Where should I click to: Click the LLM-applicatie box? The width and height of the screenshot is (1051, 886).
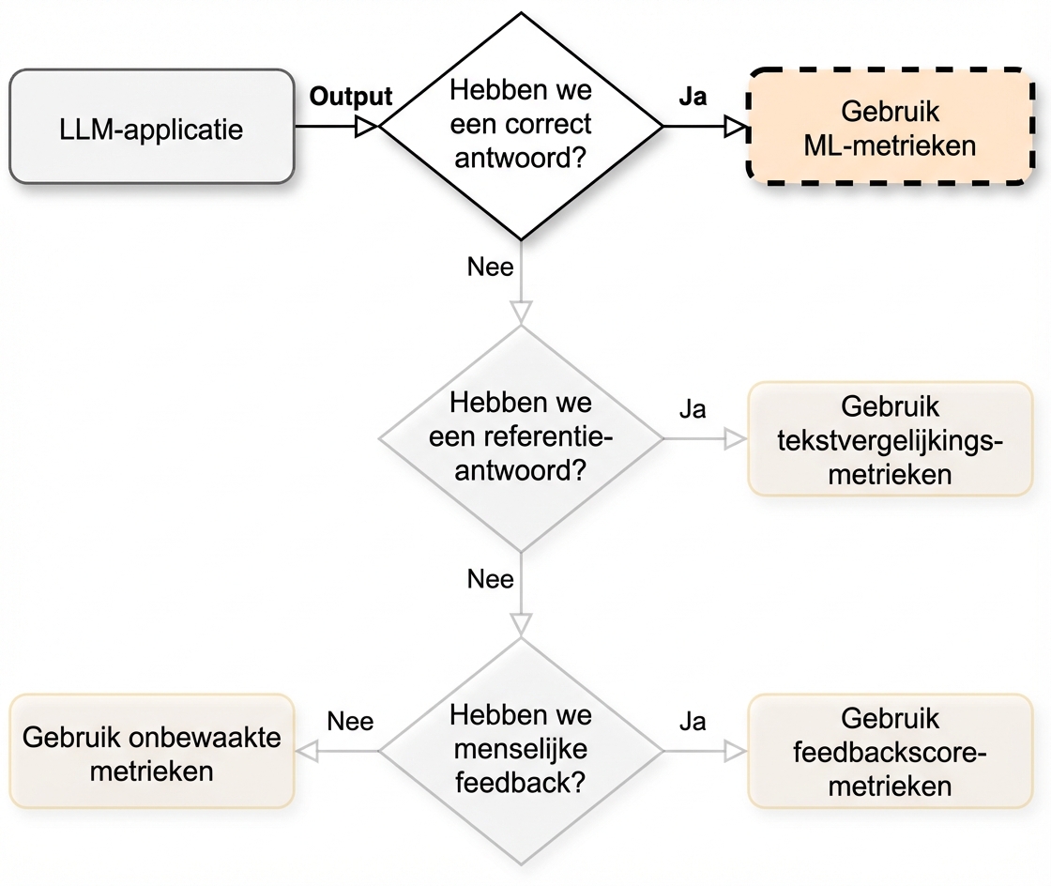[151, 127]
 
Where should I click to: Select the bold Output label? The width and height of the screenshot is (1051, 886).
[350, 97]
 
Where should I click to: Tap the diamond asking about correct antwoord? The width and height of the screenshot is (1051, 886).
[521, 126]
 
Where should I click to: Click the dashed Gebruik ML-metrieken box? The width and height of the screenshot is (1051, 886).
[888, 128]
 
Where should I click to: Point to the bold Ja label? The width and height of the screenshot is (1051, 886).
[693, 97]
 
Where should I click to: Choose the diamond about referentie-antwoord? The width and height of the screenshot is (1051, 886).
[521, 437]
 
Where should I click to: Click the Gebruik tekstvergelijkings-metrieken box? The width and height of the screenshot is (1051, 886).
[890, 438]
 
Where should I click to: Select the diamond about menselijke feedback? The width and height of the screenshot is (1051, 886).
[521, 750]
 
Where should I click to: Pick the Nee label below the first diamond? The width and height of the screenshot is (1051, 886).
[490, 267]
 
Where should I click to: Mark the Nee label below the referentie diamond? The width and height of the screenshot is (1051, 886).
[490, 579]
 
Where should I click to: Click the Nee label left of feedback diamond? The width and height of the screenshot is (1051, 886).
[350, 721]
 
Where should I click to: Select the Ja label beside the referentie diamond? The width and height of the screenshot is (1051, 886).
[693, 409]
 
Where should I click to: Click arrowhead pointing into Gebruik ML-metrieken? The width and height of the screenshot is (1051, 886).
[736, 127]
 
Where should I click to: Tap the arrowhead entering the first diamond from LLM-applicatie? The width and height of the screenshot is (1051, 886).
[366, 127]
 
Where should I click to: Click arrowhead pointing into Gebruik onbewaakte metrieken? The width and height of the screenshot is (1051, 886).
[306, 751]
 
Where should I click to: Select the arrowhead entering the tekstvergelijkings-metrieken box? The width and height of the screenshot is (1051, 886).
[736, 438]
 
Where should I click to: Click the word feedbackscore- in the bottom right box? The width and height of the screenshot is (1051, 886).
[890, 753]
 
